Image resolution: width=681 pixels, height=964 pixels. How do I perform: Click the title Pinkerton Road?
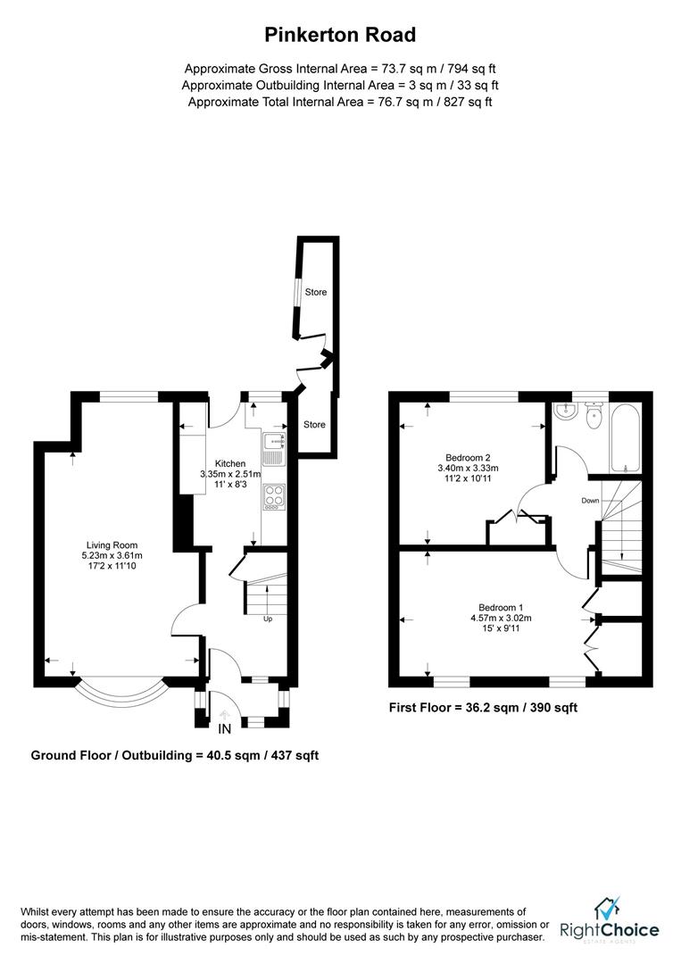coord(340,36)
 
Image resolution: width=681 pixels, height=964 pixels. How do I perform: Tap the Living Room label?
coord(112,544)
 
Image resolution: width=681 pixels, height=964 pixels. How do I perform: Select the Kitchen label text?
coord(230,462)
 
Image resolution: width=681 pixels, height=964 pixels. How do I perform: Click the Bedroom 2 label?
coord(468,456)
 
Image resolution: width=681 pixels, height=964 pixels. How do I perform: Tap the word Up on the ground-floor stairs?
coord(267,618)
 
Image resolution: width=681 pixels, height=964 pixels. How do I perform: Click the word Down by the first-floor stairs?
coord(590,501)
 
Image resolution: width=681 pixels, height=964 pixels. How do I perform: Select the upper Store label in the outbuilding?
coord(316,293)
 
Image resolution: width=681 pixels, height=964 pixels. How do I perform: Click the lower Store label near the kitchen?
coord(313,424)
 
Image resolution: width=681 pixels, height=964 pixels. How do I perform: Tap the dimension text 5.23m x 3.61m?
coord(112,555)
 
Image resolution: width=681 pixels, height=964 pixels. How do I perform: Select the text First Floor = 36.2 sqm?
coord(448,707)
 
